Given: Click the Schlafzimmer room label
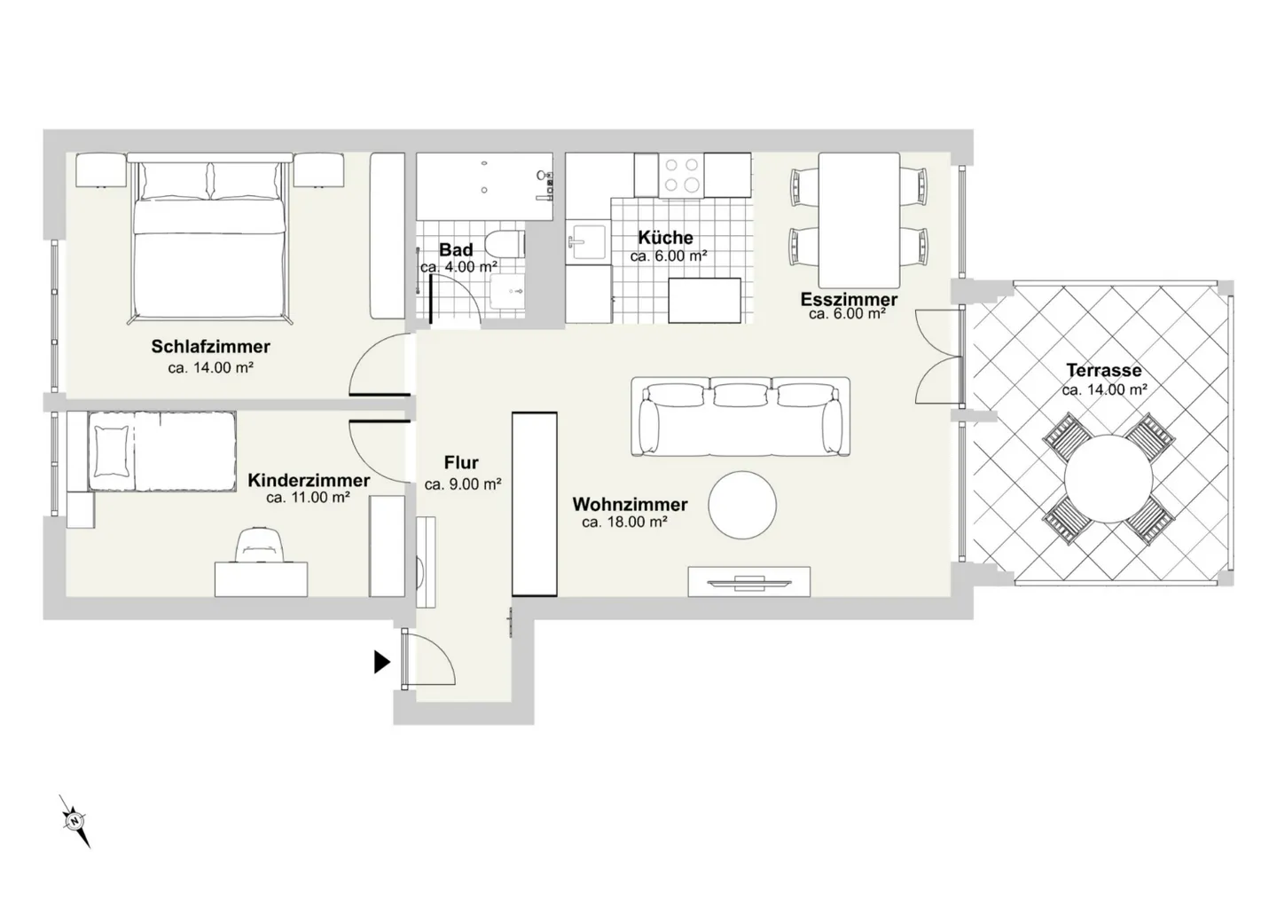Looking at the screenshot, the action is pos(210,346).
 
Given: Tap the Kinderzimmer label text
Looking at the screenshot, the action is pos(309,480).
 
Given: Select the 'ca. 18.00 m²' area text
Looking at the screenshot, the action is pos(625,522).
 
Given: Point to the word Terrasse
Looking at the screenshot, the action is pos(1104,370).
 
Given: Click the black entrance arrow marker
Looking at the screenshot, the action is pos(382,662).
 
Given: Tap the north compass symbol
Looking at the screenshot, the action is pos(74,821).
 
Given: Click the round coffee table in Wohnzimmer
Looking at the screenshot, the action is pos(742,505).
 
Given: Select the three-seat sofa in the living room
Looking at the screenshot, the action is pos(740,416).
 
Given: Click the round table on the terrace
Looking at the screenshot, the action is pos(1109,479).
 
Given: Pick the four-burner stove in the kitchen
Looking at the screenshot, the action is pos(681,175).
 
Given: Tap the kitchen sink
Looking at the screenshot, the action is pos(587,241).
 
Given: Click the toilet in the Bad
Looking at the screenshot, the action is pos(505,244).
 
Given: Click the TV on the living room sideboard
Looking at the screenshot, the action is pos(748,583).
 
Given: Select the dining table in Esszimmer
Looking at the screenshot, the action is pos(859,220).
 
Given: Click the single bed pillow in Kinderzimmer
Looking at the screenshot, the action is pos(113,452).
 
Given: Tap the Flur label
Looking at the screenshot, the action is pos(461,462).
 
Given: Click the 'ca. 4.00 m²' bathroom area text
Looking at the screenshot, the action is pos(459,267).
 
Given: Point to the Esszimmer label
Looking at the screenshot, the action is pos(849,300).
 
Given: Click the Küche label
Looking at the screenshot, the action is pos(665,237).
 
